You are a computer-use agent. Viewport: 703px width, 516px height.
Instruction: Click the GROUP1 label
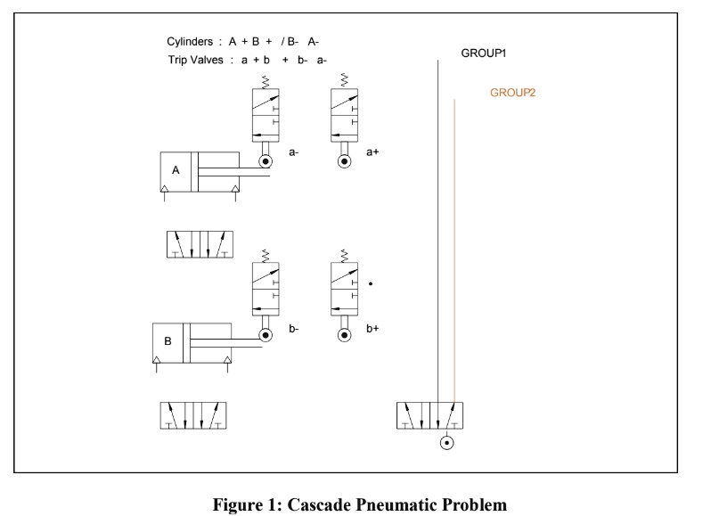click(484, 53)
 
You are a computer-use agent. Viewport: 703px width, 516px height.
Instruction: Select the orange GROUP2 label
click(512, 93)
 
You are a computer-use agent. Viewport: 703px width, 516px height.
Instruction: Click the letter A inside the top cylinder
click(176, 170)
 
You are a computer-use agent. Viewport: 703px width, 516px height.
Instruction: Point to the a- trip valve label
click(294, 152)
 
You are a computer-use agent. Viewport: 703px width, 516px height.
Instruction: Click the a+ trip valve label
click(372, 152)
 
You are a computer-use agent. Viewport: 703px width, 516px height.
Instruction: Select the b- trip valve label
click(294, 328)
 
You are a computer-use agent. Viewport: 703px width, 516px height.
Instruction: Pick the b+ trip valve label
click(372, 328)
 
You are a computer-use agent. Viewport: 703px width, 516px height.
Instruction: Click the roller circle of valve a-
click(266, 161)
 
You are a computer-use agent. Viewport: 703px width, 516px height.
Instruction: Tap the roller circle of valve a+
click(344, 161)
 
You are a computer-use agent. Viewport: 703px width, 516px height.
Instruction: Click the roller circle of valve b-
click(266, 335)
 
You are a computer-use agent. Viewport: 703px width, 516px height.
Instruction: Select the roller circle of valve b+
click(344, 335)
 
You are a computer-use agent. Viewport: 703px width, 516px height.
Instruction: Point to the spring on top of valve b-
click(266, 256)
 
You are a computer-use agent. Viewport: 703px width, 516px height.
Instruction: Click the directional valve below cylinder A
click(200, 244)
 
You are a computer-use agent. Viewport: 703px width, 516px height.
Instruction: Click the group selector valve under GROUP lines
click(429, 416)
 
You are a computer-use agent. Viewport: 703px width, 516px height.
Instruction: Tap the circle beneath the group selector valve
click(446, 443)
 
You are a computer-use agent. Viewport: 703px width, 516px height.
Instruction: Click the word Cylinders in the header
click(189, 42)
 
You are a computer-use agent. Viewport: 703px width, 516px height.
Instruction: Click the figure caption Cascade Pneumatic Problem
click(359, 504)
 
